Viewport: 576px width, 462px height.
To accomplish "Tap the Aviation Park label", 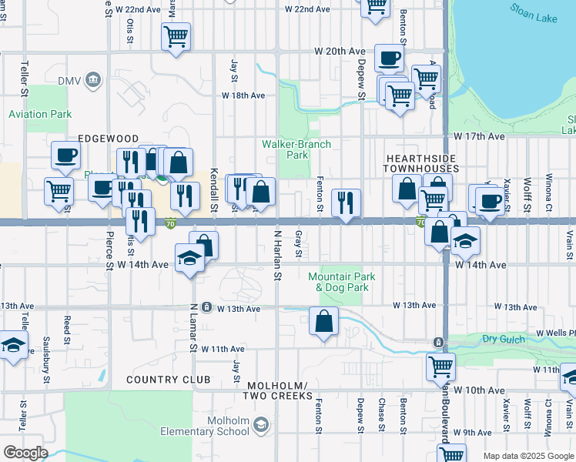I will [x=39, y=114].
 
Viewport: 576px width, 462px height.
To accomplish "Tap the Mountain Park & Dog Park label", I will [x=338, y=282].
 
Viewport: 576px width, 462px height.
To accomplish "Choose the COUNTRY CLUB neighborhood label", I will [x=169, y=380].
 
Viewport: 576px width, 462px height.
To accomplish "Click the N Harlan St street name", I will [x=278, y=254].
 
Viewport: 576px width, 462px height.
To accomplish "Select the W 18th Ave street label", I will [x=243, y=95].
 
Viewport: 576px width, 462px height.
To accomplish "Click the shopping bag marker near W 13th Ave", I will [x=324, y=320].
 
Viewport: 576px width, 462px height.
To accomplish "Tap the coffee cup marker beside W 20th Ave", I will [x=389, y=57].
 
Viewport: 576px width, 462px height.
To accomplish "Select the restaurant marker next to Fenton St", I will [x=346, y=203].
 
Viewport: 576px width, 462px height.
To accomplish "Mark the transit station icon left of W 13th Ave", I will [x=206, y=307].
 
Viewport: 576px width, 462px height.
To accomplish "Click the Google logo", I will [x=25, y=452].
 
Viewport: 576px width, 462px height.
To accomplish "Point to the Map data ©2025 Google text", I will [x=527, y=456].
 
